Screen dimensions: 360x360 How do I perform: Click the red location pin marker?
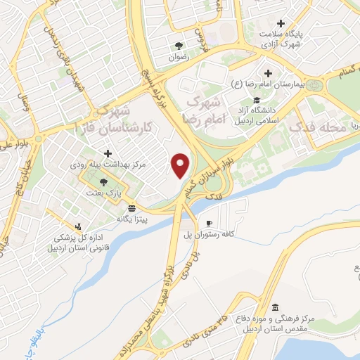pos(181,165)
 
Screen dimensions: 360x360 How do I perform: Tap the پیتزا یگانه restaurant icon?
pos(131,209)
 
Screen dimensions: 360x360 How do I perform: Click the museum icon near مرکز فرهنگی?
pos(274,307)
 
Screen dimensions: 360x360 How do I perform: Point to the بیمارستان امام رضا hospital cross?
pos(268,73)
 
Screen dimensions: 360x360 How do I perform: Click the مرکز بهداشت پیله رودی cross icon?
pos(108,153)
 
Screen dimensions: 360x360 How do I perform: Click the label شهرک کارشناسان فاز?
pos(103,121)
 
